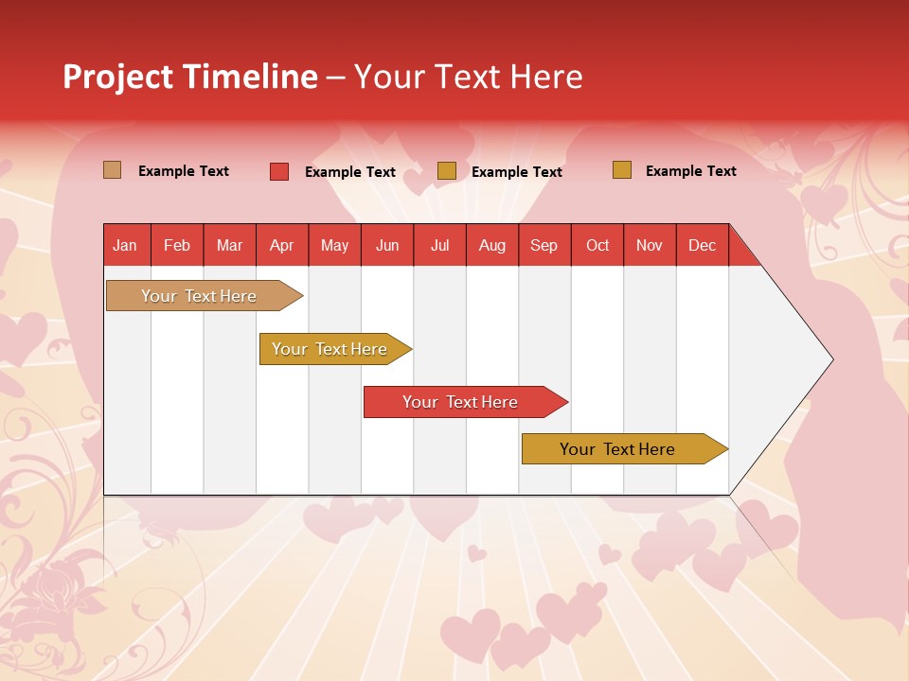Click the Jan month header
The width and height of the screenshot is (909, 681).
tap(126, 245)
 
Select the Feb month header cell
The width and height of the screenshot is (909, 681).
tap(177, 245)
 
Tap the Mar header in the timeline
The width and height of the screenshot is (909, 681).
tap(229, 245)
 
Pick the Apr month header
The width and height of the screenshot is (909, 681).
tap(282, 245)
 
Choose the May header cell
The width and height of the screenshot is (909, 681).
tap(334, 245)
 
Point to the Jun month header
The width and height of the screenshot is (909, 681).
tap(387, 245)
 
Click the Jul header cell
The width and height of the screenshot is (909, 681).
tap(439, 245)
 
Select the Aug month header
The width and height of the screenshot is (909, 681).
tap(492, 245)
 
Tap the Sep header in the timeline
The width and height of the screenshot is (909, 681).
tap(544, 245)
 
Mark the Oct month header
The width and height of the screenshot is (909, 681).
tap(597, 245)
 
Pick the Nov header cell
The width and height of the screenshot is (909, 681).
tap(650, 245)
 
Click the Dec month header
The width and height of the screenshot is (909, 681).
tap(703, 245)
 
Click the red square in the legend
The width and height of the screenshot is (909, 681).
tap(279, 171)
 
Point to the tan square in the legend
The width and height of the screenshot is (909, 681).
tap(113, 170)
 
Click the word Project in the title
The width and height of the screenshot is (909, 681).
tap(116, 77)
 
